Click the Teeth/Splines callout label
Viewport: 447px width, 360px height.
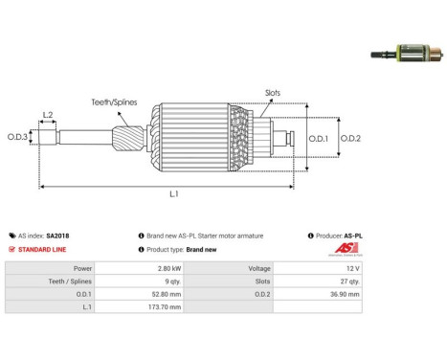[x=114, y=102]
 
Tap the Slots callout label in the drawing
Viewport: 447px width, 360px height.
[x=273, y=93]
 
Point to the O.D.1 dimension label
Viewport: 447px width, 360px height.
[x=319, y=139]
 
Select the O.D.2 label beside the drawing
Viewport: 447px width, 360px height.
[x=350, y=139]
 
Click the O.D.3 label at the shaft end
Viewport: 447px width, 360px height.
[x=17, y=137]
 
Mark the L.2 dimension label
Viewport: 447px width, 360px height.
[x=48, y=115]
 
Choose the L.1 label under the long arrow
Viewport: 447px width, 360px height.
[x=174, y=193]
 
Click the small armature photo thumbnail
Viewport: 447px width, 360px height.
[x=407, y=53]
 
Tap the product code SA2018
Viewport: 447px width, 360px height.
[x=57, y=236]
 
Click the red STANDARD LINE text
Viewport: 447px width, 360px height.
[x=42, y=250]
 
